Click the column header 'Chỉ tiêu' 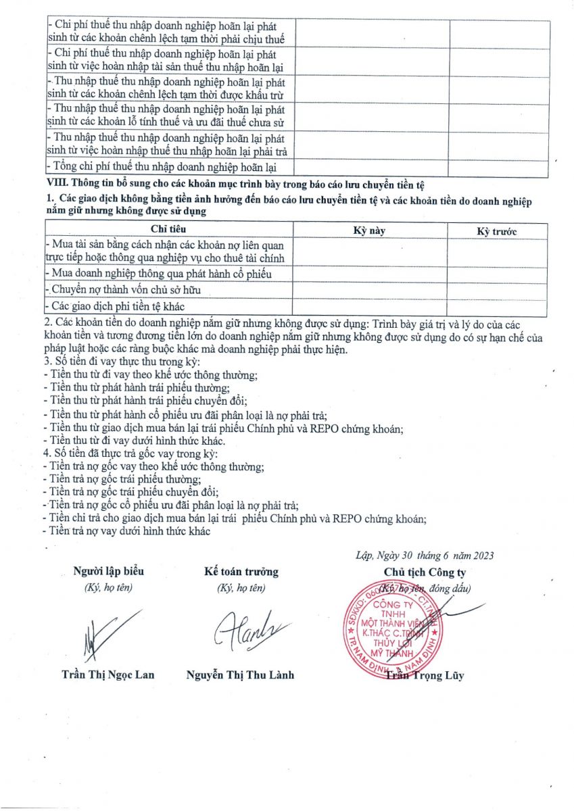coord(167,230)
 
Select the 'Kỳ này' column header coord(369,230)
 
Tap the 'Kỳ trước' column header coord(497,231)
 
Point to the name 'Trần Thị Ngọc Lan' coord(108,674)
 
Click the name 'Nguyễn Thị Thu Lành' coord(240,674)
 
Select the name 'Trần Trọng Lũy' coord(425,675)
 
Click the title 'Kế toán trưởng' coord(241,572)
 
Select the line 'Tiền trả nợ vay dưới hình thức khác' coord(126,531)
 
